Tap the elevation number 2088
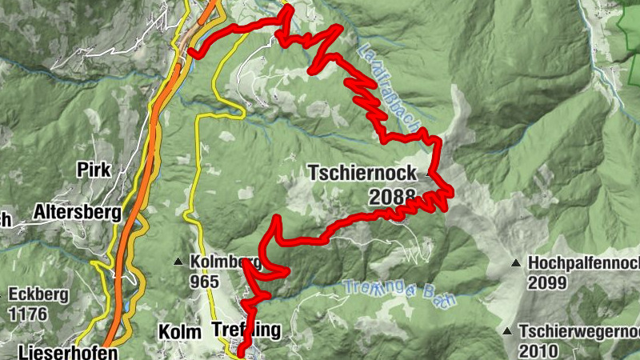pyautogui.click(x=393, y=195)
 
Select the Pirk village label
pyautogui.click(x=94, y=170)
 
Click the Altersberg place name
pyautogui.click(x=77, y=213)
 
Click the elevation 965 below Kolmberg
pyautogui.click(x=206, y=282)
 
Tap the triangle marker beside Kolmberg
pyautogui.click(x=178, y=262)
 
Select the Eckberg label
pyautogui.click(x=38, y=294)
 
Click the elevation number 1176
pyautogui.click(x=26, y=314)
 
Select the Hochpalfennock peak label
pyautogui.click(x=583, y=262)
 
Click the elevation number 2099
pyautogui.click(x=547, y=282)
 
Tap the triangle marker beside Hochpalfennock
pyautogui.click(x=516, y=262)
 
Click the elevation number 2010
pyautogui.click(x=538, y=350)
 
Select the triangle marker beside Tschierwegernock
pyautogui.click(x=507, y=330)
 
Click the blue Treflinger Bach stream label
pyautogui.click(x=400, y=293)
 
